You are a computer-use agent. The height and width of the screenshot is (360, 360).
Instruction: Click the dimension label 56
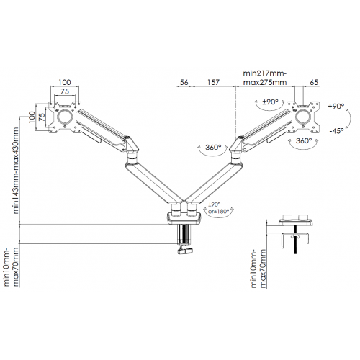184,82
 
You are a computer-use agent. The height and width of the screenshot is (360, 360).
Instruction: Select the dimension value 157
213,82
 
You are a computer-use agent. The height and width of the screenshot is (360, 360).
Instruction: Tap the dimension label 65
314,82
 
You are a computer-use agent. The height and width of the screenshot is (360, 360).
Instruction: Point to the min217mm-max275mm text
265,78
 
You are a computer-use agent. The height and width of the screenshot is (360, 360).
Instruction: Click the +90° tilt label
336,106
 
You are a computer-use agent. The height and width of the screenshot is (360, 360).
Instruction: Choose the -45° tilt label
336,131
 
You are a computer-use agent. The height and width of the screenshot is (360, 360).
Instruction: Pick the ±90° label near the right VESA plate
270,102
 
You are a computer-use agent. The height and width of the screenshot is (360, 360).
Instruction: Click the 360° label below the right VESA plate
304,140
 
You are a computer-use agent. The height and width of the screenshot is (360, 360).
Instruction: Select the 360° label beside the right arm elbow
213,147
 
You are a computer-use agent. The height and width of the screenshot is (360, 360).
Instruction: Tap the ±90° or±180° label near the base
217,208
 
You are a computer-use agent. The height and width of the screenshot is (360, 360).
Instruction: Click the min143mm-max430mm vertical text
16,171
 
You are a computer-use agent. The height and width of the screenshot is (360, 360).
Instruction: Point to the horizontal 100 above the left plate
65,82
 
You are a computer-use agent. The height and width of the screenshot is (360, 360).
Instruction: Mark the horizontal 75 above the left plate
65,91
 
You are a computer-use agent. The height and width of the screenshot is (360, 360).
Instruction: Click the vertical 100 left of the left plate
32,117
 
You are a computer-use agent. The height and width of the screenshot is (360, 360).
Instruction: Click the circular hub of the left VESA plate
65,117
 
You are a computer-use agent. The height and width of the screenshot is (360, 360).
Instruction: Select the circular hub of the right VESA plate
303,117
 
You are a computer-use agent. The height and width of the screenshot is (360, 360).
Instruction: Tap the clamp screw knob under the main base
184,251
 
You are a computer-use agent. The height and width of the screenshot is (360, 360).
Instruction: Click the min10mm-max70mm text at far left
12,267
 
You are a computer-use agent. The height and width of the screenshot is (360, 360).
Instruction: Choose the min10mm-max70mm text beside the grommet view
258,269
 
